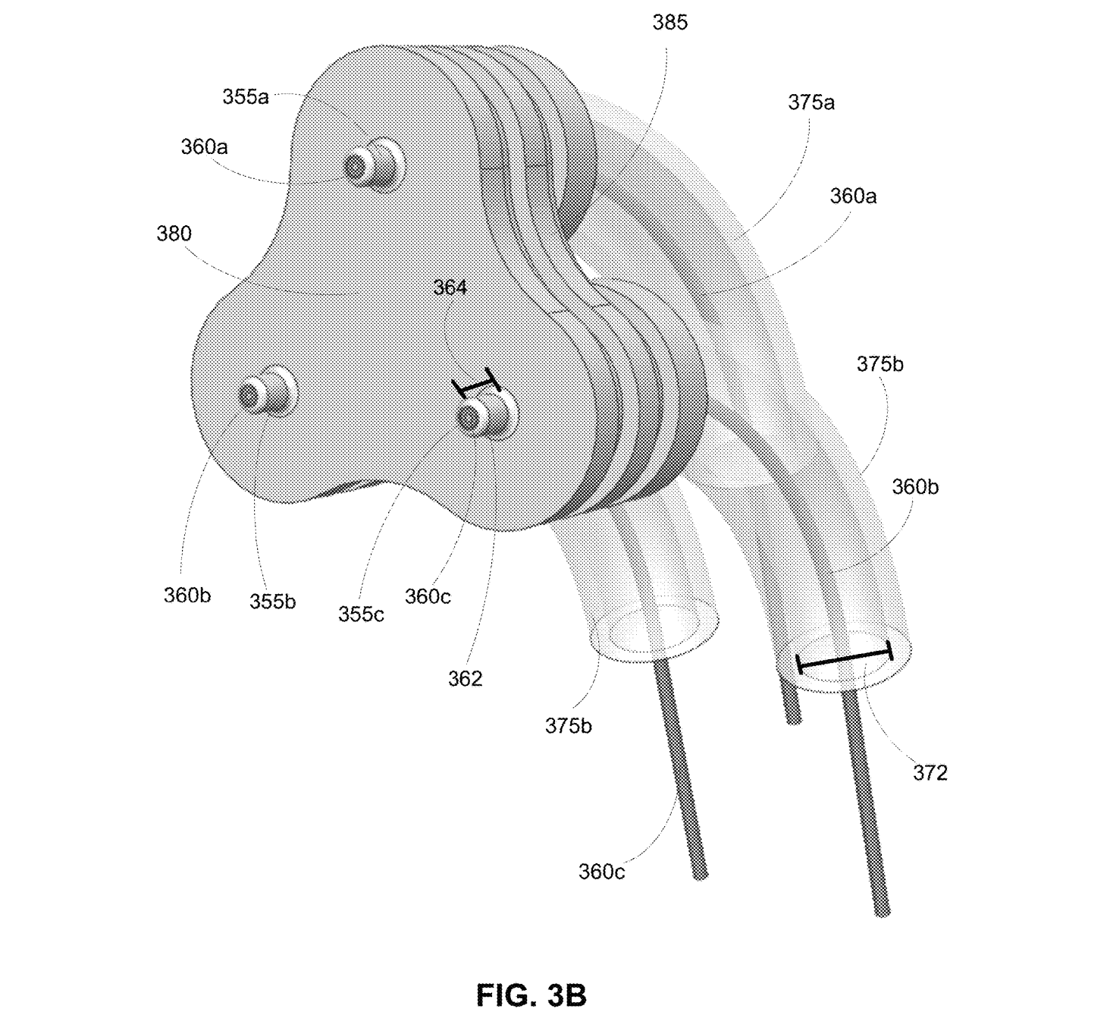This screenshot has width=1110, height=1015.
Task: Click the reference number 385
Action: point(669,23)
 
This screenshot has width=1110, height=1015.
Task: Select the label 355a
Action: point(245,97)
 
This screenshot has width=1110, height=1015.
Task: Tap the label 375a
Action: point(811,102)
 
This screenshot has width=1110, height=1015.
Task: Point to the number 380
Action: point(174,234)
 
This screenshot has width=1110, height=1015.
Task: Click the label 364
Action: point(450,288)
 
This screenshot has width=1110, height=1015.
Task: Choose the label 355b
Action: point(272,602)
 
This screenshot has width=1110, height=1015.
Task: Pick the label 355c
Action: point(361,614)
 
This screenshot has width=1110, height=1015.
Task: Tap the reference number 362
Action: point(465,679)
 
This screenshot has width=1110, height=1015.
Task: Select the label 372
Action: point(930,773)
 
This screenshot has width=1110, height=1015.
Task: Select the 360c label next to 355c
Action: point(427,596)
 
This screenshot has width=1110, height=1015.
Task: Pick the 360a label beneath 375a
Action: point(853,196)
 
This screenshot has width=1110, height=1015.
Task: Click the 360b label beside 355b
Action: point(187,595)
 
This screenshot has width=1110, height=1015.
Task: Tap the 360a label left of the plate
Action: point(204,147)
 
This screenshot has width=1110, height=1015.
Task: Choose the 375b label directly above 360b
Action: point(880,364)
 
